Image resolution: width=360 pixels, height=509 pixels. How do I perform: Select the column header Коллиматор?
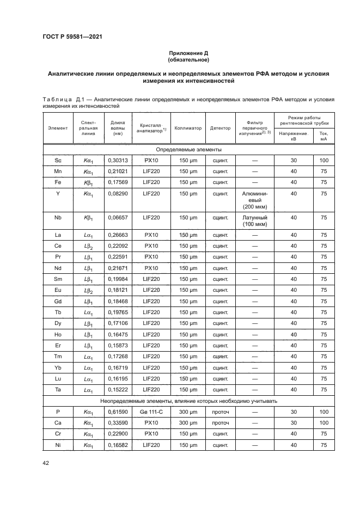pyautogui.click(x=189, y=128)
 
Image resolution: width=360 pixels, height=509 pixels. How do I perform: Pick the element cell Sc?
pyautogui.click(x=58, y=161)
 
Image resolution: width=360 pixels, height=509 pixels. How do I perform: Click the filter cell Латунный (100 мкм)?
pyautogui.click(x=254, y=220)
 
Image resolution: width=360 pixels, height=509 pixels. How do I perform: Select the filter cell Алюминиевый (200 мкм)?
pyautogui.click(x=254, y=200)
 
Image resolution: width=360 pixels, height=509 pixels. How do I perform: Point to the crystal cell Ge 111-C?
pyautogui.click(x=150, y=412)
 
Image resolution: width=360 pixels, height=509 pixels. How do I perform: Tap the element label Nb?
pyautogui.click(x=58, y=217)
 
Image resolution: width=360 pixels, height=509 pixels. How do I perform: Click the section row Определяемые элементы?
pyautogui.click(x=188, y=149)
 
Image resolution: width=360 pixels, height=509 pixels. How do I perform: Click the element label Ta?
pyautogui.click(x=58, y=389)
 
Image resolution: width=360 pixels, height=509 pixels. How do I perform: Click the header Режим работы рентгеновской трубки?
pyautogui.click(x=304, y=120)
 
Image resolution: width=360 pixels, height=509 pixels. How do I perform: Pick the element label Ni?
pyautogui.click(x=58, y=445)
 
